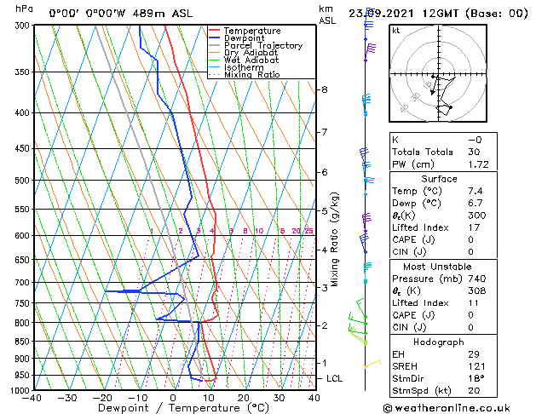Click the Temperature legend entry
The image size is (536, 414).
coord(251,31)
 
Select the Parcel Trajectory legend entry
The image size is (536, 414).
coord(262,45)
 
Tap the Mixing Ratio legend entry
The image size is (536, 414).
coord(252,75)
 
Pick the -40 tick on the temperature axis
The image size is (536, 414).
coord(32,397)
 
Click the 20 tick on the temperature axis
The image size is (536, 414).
coord(243,397)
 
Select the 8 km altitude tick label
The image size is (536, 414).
coord(325,89)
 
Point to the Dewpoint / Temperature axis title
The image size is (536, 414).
coord(174,408)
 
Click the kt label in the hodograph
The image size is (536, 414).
coord(396,31)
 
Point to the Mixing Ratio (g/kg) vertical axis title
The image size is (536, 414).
coord(335,239)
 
